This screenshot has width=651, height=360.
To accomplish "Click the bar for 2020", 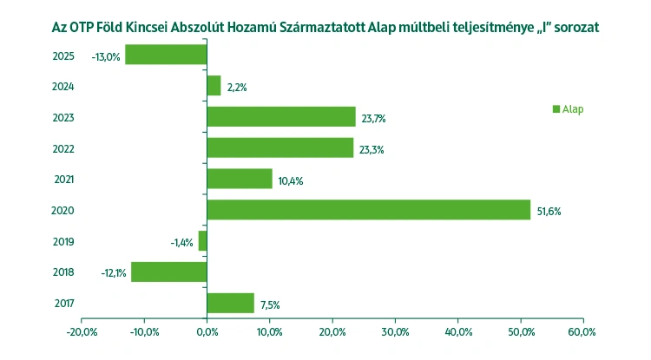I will (x=368, y=210).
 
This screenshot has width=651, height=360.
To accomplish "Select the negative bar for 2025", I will (x=166, y=55).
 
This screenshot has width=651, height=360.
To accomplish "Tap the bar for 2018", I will (x=169, y=272).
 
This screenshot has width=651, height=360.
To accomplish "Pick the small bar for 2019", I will (x=203, y=241).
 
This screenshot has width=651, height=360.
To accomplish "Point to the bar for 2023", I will (x=281, y=117).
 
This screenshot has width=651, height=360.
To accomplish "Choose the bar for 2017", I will (x=230, y=303).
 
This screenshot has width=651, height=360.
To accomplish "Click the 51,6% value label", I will (x=549, y=212).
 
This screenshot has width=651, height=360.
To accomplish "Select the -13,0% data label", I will (x=105, y=56).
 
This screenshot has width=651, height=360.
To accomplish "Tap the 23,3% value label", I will (x=372, y=149).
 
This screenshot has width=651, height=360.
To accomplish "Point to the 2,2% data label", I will (x=237, y=87).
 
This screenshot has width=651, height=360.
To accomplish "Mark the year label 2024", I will (x=62, y=86).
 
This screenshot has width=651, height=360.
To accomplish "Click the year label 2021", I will (x=62, y=180).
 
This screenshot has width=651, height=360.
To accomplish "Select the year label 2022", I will (x=62, y=148).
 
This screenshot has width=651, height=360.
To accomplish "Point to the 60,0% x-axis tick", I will (x=583, y=331).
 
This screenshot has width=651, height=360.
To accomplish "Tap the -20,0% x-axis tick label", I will (x=81, y=331).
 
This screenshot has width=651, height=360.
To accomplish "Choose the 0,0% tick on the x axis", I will (x=207, y=331).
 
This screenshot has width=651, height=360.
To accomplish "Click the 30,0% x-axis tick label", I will (x=395, y=331).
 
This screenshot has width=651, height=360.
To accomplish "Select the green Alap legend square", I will (x=556, y=108).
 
